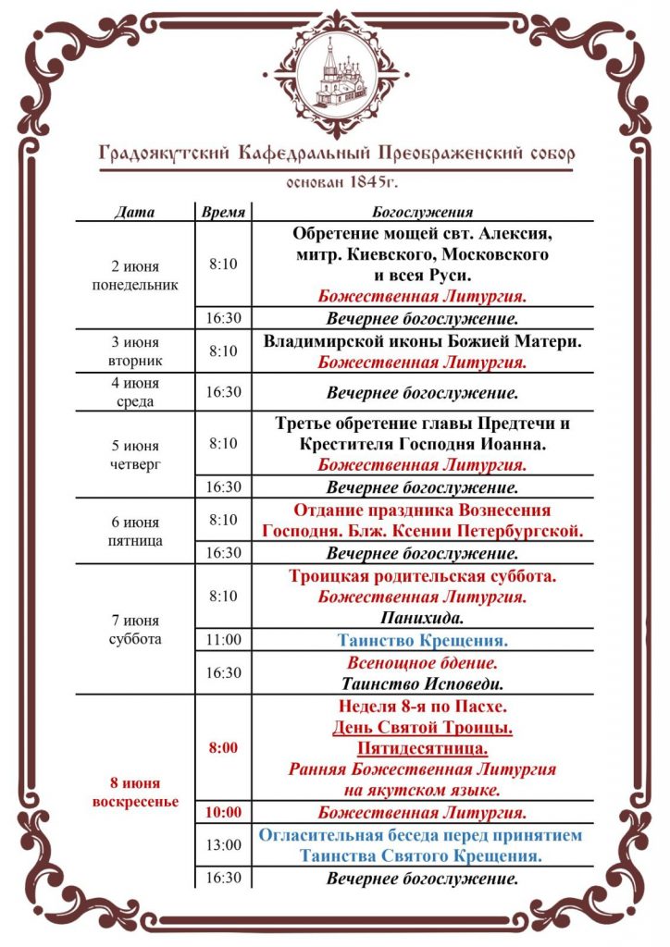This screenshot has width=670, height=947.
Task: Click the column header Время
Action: [x=223, y=213]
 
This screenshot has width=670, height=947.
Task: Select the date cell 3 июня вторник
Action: [x=135, y=351]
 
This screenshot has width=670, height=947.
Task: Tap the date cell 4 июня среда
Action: [x=135, y=392]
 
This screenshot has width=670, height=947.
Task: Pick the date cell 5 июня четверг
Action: [x=135, y=453]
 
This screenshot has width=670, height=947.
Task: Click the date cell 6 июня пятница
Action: [x=135, y=530]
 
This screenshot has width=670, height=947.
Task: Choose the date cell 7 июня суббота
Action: [x=135, y=629]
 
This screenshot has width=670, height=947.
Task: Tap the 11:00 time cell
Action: [x=223, y=639]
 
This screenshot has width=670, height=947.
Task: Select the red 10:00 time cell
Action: [x=223, y=813]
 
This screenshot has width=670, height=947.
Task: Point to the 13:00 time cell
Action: [x=223, y=844]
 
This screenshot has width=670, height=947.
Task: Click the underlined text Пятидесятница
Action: [x=422, y=748]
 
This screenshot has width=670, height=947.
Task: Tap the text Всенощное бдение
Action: [x=422, y=663]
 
